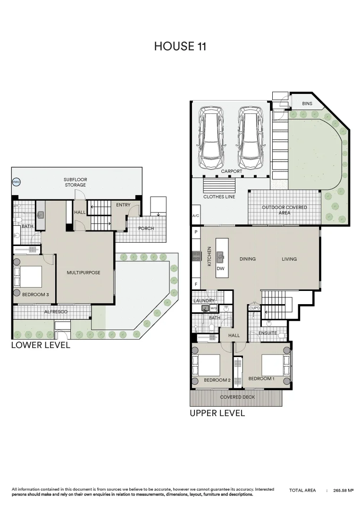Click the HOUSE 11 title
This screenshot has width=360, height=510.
(180, 46)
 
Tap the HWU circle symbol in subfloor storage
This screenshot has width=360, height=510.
(16, 182)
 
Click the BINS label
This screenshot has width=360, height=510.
(307, 103)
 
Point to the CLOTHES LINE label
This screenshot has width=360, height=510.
(219, 196)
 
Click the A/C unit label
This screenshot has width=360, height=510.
(196, 216)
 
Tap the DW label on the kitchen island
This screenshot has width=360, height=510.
(220, 268)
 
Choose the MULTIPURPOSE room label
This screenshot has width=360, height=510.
(84, 272)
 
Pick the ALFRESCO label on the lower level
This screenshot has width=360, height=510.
(56, 312)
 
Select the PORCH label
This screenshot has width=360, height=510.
(146, 229)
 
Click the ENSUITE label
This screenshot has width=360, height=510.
(268, 333)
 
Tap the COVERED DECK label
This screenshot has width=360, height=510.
(237, 397)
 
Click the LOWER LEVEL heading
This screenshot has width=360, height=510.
(41, 345)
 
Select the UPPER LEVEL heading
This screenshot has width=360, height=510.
(217, 413)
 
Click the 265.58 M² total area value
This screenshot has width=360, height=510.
(343, 491)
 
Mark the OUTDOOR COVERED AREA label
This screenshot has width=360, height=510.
(284, 210)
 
